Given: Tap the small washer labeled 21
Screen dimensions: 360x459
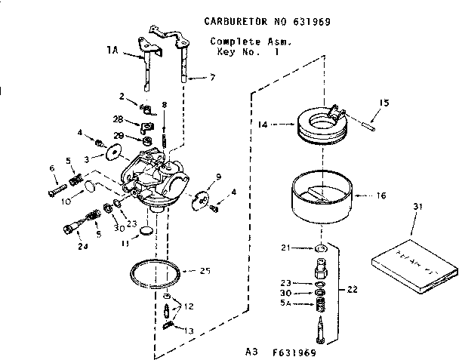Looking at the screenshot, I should point(321,248).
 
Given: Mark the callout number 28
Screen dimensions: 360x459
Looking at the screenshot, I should point(119,119).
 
